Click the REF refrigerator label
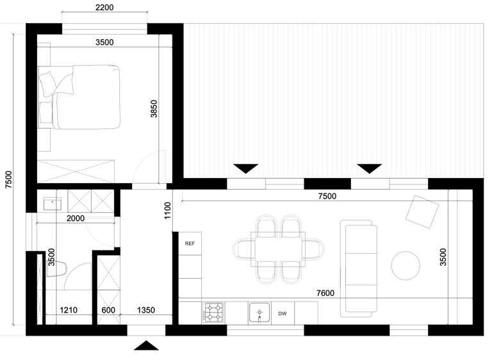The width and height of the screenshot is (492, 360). [190, 243]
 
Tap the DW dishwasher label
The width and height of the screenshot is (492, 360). [283, 313]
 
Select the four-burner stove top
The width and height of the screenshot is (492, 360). [213, 313]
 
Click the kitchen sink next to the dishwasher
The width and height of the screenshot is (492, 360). [259, 313]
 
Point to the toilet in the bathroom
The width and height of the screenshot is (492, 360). [56, 269]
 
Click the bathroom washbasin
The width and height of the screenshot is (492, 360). [53, 204]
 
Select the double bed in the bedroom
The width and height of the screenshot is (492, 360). [79, 97]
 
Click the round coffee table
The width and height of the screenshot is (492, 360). [406, 266]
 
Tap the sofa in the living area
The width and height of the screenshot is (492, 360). [359, 268]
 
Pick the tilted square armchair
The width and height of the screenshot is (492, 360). [422, 212]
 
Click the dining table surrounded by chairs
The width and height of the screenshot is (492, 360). [278, 249]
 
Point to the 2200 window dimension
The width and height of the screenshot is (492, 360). [104, 7]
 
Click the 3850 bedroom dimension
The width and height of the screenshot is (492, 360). [154, 109]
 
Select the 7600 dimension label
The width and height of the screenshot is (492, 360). [325, 293]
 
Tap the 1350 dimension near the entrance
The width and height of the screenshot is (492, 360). [146, 310]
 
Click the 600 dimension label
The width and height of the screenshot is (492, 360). [108, 310]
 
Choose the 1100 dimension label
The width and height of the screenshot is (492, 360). [168, 211]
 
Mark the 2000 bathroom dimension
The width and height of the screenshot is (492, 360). [76, 218]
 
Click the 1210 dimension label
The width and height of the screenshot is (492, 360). [69, 310]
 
